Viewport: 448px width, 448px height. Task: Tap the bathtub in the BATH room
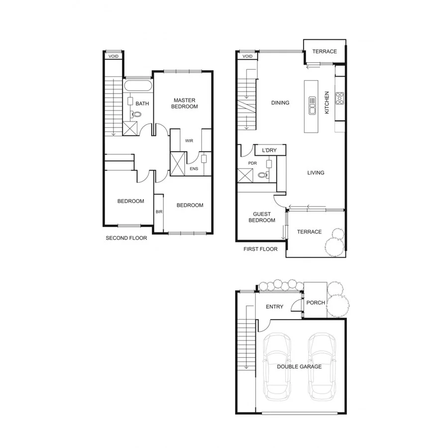tap(138, 85)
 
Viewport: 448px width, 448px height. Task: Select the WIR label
tap(189, 141)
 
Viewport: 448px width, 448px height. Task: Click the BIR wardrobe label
tap(159, 212)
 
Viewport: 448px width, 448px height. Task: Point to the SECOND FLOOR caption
tap(126, 238)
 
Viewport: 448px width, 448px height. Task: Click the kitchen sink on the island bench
tap(313, 105)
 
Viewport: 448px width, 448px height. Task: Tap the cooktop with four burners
tap(340, 98)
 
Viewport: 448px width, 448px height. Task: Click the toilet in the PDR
tap(263, 175)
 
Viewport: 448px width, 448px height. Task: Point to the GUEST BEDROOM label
tap(262, 217)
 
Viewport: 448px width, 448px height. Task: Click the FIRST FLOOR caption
tap(260, 249)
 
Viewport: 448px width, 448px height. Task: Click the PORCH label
tap(316, 303)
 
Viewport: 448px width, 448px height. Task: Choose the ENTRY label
tap(274, 307)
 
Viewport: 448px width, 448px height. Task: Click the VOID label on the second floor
tap(113, 56)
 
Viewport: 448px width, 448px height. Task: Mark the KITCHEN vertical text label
tap(327, 103)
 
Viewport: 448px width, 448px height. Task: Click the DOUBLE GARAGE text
tap(299, 366)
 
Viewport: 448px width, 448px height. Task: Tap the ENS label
tap(194, 169)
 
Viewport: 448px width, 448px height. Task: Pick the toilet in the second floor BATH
tap(136, 114)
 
